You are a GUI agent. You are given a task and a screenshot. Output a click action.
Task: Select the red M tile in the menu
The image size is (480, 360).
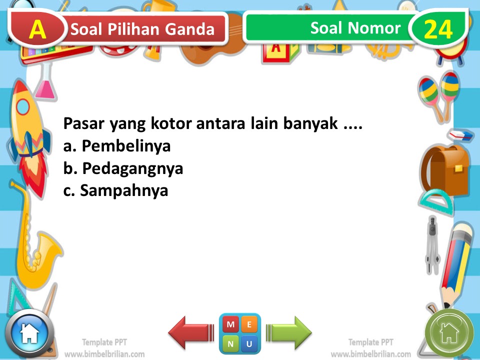pos(230,324)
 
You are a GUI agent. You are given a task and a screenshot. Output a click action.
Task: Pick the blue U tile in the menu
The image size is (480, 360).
pos(249,343)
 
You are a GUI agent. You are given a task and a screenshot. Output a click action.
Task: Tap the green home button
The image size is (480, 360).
pos(449,332)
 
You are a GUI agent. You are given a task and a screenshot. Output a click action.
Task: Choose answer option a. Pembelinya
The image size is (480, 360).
pos(117,146)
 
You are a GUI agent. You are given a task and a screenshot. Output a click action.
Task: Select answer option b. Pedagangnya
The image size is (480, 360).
pos(123,168)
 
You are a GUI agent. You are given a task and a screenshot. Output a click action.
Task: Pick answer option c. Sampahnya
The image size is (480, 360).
pos(115,190)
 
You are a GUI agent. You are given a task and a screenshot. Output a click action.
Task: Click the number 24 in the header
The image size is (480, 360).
pos(438,29)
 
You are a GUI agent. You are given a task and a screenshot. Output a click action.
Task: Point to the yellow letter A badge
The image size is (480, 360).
pos(37,29)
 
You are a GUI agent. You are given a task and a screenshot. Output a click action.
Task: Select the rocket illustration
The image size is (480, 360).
pos(28,130)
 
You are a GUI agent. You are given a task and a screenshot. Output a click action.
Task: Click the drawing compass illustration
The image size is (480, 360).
pos(431,245)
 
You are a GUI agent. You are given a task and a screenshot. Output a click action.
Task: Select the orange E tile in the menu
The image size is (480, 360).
pos(249,324)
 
